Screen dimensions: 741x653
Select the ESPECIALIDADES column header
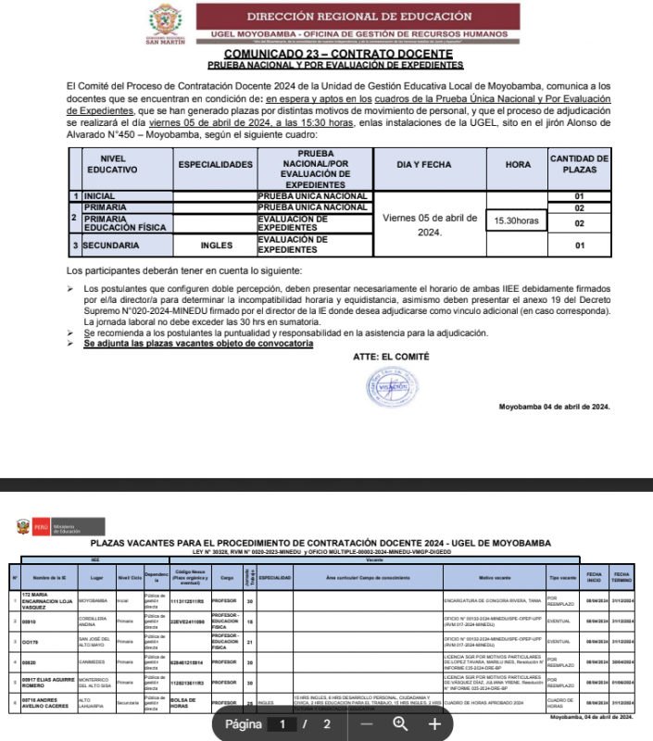(x=215, y=164)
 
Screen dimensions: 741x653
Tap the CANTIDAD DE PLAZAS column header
(x=579, y=164)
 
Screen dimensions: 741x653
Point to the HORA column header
(x=518, y=164)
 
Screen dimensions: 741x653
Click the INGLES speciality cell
(x=215, y=245)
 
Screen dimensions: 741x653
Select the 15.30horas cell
(x=516, y=221)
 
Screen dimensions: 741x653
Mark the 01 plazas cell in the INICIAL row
(x=579, y=196)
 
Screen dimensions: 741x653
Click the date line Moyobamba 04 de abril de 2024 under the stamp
(x=554, y=407)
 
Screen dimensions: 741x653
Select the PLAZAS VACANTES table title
(x=320, y=542)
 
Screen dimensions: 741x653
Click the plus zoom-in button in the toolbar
(x=434, y=723)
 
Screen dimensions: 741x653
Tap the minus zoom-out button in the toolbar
(x=367, y=723)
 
